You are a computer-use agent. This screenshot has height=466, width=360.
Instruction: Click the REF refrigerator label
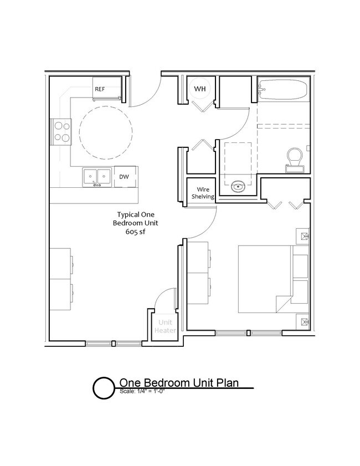click(100, 89)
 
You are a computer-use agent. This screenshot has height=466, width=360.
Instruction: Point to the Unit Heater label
click(165, 326)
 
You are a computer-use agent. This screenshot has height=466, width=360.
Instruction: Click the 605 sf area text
click(135, 232)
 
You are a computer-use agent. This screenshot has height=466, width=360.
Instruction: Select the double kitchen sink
click(96, 176)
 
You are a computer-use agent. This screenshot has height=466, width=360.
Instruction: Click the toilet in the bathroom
click(294, 157)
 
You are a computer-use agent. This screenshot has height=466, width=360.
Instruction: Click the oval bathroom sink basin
click(239, 186)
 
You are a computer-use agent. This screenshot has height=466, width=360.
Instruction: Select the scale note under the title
click(143, 391)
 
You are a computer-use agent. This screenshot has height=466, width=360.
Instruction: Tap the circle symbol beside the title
click(103, 388)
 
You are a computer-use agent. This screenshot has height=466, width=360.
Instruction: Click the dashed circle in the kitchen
click(106, 132)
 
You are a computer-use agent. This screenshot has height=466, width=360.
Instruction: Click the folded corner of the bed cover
click(282, 303)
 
